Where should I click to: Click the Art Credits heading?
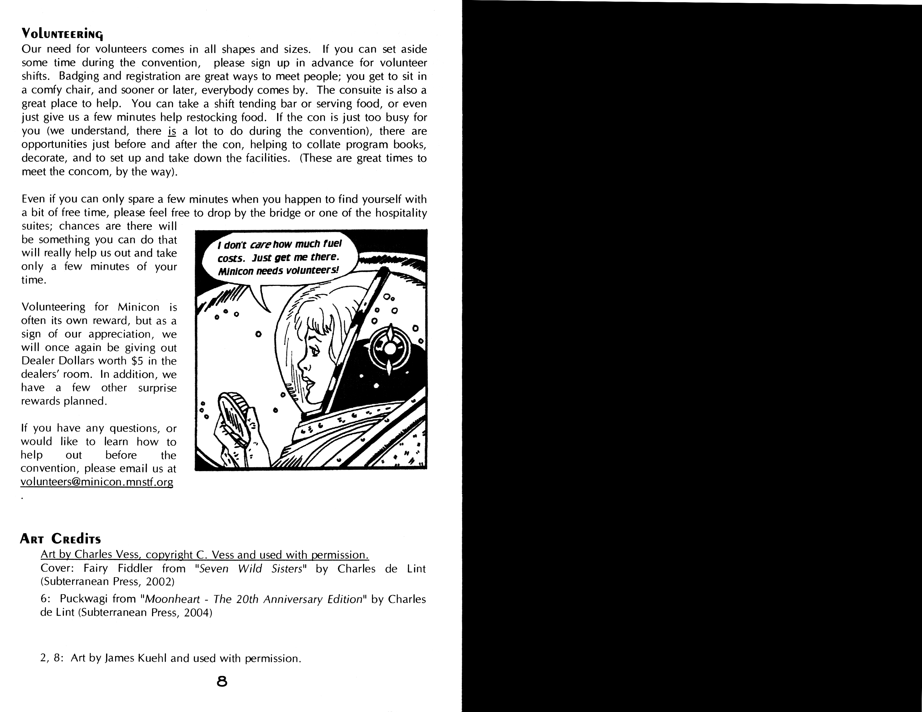pos(60,539)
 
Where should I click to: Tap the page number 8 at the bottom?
pos(222,681)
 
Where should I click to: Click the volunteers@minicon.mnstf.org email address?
pos(97,482)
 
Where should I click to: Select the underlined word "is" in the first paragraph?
pos(172,131)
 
